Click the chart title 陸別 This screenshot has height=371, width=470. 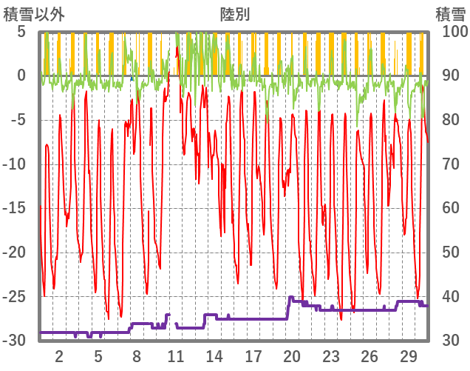(x=234, y=13)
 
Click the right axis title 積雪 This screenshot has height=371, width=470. (x=449, y=13)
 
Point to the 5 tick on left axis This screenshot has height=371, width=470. (x=21, y=32)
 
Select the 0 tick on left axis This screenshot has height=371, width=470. (x=21, y=76)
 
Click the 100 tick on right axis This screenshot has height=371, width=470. (x=454, y=32)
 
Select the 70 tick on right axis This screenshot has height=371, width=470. (x=450, y=164)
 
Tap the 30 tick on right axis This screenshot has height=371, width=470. (x=450, y=341)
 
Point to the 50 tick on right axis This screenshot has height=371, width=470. (x=450, y=253)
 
